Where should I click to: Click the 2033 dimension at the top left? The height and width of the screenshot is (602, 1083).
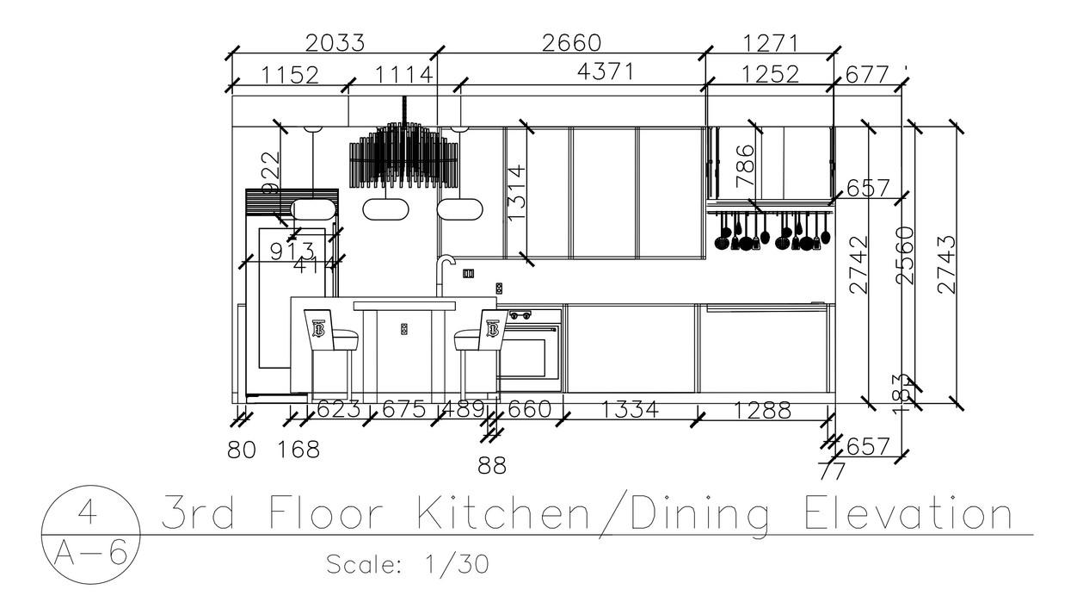[x=335, y=42]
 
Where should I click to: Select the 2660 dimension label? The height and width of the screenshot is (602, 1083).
[x=571, y=42]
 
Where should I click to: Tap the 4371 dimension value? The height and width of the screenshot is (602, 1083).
[x=606, y=72]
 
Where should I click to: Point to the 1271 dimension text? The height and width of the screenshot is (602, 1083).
[x=770, y=42]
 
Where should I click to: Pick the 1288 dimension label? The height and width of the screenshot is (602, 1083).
[x=762, y=411]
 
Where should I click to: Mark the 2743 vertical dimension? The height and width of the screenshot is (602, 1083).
[x=945, y=264]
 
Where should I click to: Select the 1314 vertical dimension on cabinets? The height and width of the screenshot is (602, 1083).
[x=516, y=193]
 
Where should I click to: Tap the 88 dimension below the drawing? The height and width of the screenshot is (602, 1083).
[x=492, y=466]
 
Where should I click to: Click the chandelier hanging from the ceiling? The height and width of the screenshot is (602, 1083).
[x=403, y=155]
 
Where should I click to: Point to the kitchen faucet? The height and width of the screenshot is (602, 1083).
[x=443, y=274]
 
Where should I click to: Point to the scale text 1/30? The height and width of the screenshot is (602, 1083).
[x=457, y=565]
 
